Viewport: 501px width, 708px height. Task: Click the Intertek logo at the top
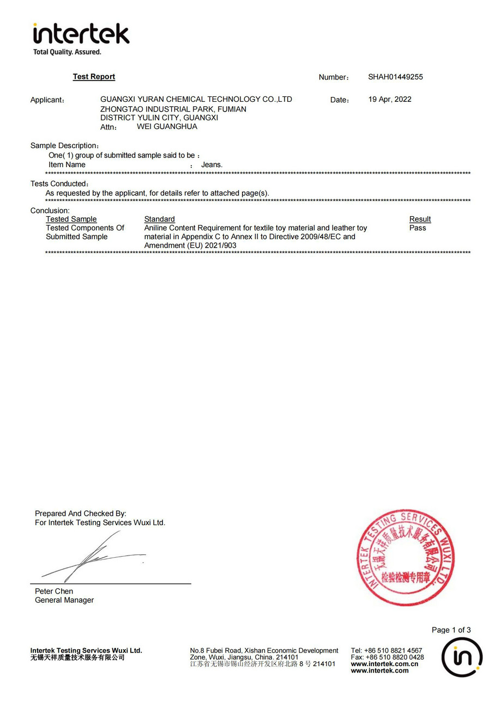[81, 34]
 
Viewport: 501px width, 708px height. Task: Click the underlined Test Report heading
[94, 77]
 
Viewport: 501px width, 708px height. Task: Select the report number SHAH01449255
[395, 77]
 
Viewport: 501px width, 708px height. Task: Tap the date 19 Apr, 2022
[390, 99]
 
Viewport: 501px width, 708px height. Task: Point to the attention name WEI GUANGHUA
[167, 126]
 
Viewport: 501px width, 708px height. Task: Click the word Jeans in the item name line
[212, 164]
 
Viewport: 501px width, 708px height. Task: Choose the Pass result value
[418, 228]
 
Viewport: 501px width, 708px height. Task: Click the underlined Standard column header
[159, 219]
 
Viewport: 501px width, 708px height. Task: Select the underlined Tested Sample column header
[71, 219]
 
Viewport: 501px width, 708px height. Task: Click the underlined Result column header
[420, 219]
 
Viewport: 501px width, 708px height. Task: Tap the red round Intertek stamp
[406, 557]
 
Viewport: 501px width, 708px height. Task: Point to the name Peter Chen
[54, 591]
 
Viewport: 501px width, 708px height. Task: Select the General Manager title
[64, 600]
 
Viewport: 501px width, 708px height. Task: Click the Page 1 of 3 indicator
[451, 630]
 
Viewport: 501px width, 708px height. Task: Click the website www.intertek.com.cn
[384, 664]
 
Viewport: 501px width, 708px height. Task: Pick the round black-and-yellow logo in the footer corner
[462, 657]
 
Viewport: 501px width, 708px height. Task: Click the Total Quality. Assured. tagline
[67, 52]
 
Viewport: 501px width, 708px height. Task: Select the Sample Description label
[64, 145]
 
